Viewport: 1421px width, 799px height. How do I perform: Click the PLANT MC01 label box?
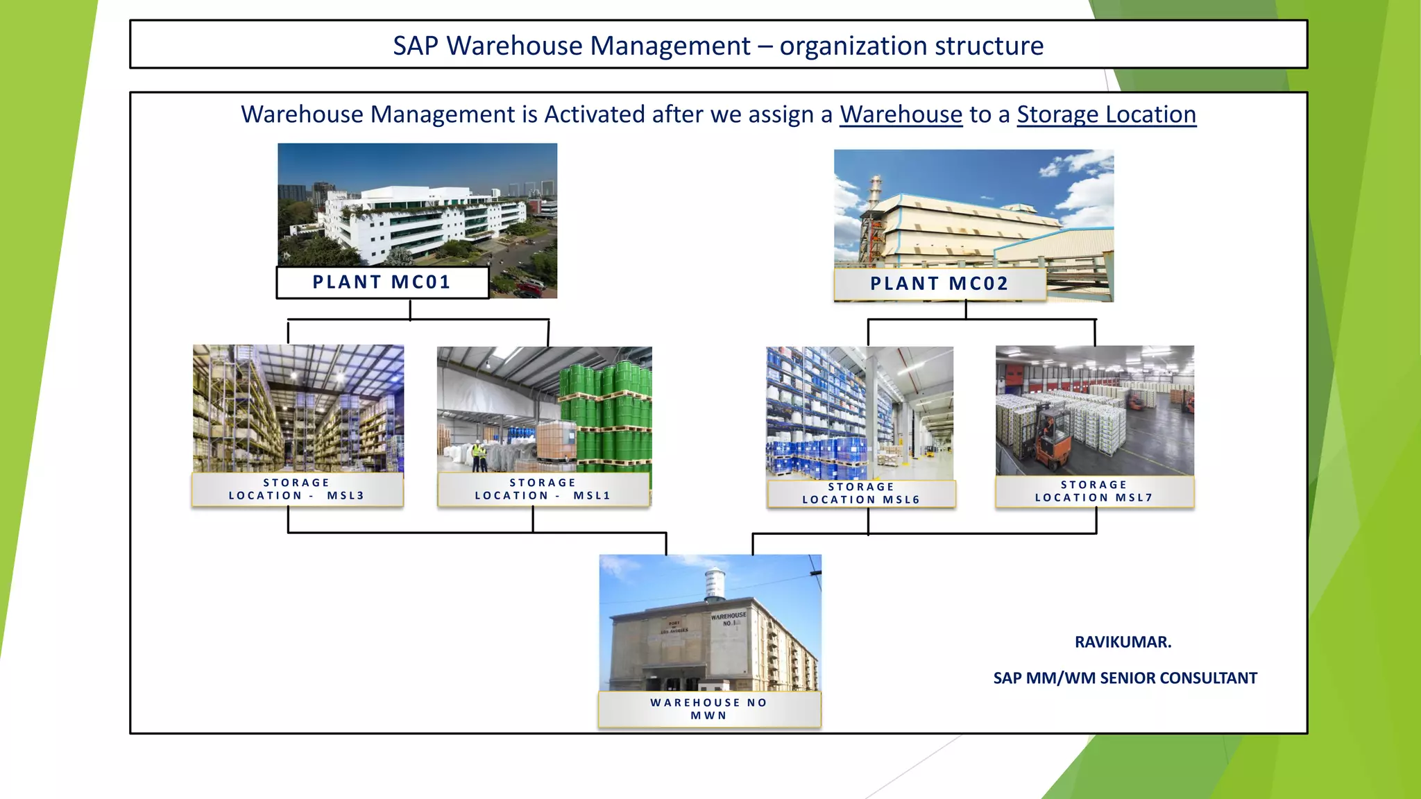click(382, 282)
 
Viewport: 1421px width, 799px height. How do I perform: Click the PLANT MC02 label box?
click(939, 284)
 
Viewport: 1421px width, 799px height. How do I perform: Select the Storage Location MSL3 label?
click(297, 489)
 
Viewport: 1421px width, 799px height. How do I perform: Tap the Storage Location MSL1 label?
click(543, 489)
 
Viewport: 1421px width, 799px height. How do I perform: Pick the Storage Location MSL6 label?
click(861, 493)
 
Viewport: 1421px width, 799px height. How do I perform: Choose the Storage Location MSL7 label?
click(1094, 491)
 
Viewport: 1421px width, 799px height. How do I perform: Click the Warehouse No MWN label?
click(709, 709)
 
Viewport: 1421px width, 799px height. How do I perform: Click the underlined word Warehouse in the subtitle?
click(901, 114)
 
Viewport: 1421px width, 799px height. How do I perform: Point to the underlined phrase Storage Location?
click(1106, 114)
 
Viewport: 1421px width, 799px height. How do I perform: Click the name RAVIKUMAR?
click(1123, 642)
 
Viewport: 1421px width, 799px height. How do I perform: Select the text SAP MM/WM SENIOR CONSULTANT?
click(1125, 678)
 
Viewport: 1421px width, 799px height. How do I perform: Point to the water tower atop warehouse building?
click(714, 583)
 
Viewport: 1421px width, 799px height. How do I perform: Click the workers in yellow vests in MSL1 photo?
click(479, 456)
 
